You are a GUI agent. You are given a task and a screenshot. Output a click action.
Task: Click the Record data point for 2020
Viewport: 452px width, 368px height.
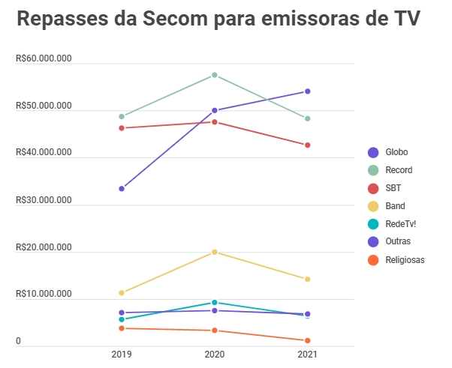click(215, 75)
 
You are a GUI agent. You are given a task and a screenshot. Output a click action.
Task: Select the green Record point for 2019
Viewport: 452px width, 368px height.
click(121, 116)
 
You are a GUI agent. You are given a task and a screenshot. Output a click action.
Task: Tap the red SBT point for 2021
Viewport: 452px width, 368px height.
click(307, 145)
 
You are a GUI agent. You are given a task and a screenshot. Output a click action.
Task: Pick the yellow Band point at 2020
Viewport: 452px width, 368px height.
click(215, 252)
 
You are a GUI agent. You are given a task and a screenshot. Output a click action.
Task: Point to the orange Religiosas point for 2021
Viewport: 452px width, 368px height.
click(307, 340)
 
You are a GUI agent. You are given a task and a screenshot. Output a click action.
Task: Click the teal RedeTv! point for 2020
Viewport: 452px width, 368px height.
click(215, 303)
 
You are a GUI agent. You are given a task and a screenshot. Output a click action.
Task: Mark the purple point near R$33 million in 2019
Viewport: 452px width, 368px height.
click(121, 188)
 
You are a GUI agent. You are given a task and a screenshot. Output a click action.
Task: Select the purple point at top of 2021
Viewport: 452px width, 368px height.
click(307, 91)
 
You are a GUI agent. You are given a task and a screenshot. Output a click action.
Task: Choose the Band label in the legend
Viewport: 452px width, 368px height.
click(395, 206)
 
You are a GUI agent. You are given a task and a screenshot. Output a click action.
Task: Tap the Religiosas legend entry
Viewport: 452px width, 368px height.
click(405, 259)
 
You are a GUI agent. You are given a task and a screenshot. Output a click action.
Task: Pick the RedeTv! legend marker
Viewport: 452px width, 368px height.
click(373, 223)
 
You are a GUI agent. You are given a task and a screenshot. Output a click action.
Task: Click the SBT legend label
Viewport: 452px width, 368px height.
click(393, 188)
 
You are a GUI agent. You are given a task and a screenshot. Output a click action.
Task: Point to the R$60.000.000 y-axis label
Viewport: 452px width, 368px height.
click(43, 59)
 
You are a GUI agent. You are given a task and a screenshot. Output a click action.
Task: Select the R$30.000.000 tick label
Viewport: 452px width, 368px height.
click(43, 200)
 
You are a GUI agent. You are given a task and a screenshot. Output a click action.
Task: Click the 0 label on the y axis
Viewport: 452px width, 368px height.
click(17, 342)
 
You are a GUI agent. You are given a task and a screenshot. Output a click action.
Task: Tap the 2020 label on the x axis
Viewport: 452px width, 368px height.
click(215, 354)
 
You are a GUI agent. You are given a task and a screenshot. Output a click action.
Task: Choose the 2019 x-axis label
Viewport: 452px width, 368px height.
click(121, 354)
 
